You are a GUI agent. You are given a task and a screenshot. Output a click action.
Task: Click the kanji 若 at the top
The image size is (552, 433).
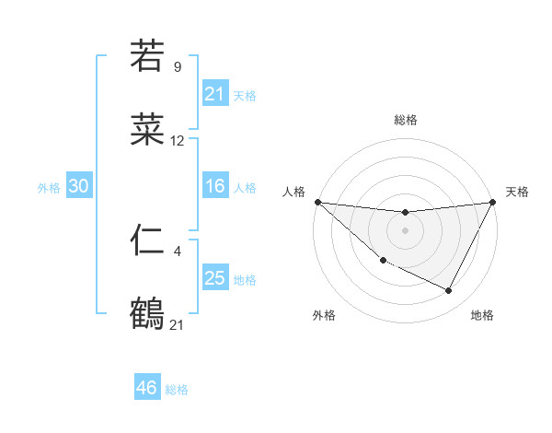coord(147,56)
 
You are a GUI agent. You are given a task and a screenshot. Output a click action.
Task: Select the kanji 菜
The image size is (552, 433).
coord(147,131)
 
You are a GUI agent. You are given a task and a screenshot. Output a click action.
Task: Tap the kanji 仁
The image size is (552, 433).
coord(147,240)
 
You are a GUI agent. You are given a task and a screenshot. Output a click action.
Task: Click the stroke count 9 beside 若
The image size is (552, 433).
coord(178,66)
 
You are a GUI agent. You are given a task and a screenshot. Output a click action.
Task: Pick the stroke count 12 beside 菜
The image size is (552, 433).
coord(178,141)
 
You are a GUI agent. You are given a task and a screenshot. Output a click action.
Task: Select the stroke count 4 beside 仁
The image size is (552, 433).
coord(178,250)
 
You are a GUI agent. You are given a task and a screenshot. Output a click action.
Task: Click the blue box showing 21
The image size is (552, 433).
coord(214,94)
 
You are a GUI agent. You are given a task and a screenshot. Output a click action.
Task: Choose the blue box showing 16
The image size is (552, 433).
coord(214,186)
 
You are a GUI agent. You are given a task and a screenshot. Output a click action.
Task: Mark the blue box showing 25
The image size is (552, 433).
coord(214,278)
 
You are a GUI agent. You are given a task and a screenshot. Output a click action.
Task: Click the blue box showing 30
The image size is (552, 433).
coord(78,186)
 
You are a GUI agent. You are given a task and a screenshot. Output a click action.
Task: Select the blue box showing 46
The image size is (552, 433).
coord(146,388)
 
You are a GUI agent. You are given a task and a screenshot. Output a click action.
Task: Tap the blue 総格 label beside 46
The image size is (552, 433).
coord(177,390)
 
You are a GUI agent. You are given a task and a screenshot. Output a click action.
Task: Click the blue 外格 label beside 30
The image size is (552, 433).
coord(49,188)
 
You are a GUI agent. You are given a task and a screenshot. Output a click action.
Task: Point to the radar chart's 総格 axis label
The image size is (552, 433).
coord(405,120)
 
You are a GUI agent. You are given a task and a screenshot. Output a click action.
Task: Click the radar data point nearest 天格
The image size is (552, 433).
coord(492,203)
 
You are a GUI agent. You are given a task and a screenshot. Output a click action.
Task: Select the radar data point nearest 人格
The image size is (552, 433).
coord(317,202)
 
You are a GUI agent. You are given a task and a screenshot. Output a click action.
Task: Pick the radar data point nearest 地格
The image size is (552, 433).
coord(449,291)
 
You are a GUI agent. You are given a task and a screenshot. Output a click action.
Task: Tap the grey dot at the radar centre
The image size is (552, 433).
coord(405,229)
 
